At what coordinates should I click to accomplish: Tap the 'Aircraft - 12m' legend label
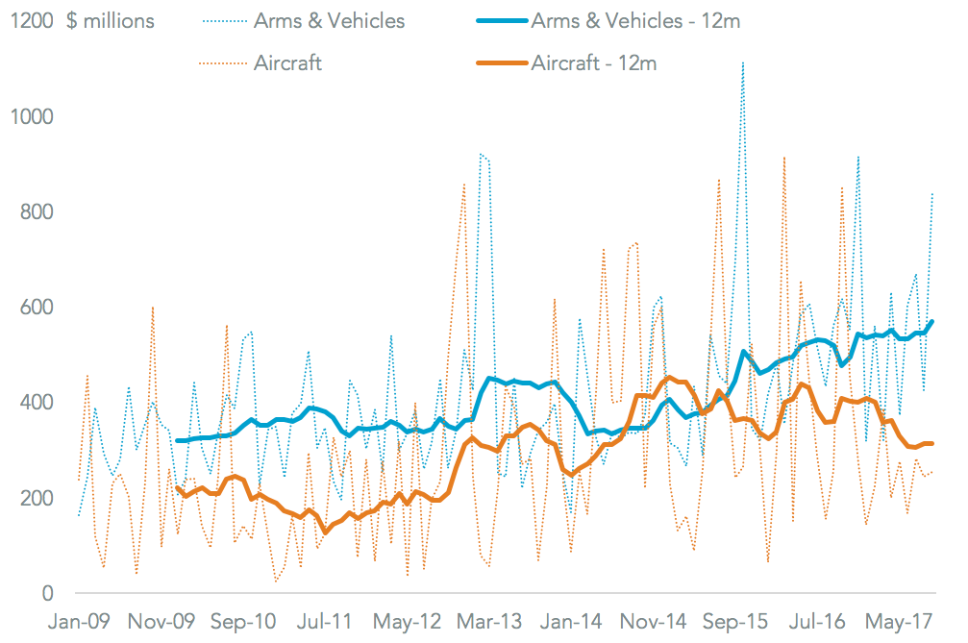coord(593,64)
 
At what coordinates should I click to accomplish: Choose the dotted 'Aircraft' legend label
coord(287,64)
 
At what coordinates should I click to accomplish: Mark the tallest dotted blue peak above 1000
coord(742,63)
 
